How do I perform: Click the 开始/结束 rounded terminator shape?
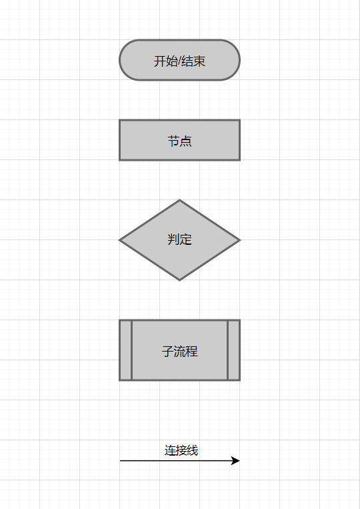[180, 60]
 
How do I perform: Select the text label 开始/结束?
[180, 61]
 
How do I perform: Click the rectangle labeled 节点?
[180, 140]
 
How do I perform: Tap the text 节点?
[180, 141]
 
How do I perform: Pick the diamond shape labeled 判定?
[180, 240]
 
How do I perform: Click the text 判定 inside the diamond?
[180, 239]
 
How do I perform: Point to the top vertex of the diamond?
[180, 200]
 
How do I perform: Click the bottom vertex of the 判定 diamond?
[180, 280]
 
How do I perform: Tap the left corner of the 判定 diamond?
[120, 240]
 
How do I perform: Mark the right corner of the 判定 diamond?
[240, 240]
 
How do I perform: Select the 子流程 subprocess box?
[180, 350]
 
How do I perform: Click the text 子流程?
[180, 352]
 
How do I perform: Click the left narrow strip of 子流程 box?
[126, 350]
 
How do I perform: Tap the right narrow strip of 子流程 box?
[233, 350]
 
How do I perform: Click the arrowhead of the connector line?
[236, 460]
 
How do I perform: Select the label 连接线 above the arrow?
[181, 450]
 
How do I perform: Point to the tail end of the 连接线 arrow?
[120, 460]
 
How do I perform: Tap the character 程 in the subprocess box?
[192, 352]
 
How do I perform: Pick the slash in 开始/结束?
[180, 61]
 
